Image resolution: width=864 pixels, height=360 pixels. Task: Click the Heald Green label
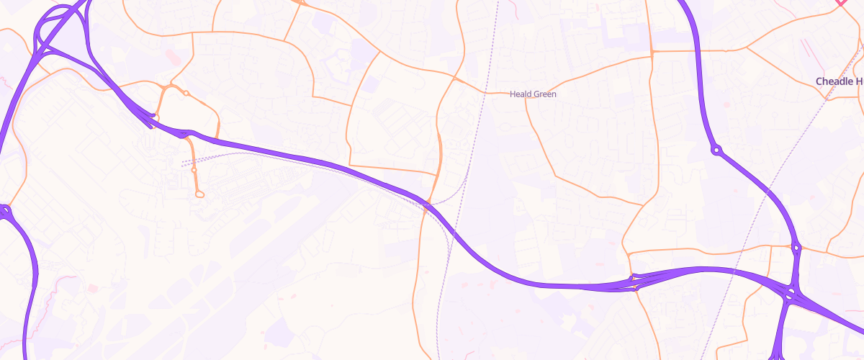(x=533, y=94)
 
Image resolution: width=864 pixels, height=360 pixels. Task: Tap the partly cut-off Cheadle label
(x=840, y=82)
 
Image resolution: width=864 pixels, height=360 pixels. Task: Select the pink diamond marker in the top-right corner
(x=840, y=2)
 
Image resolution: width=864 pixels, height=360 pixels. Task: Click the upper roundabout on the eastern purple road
(x=716, y=150)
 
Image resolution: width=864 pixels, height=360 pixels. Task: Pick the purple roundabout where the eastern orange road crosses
(x=796, y=248)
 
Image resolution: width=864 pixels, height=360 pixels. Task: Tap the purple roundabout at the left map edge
(x=6, y=211)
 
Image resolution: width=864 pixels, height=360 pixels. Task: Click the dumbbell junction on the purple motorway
(x=634, y=282)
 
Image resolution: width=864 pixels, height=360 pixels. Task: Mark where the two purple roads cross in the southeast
(x=791, y=293)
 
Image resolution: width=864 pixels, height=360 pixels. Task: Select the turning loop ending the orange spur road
(x=199, y=194)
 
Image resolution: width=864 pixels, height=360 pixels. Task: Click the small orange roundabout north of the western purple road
(x=186, y=93)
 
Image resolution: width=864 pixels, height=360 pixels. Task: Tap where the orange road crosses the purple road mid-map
(x=428, y=205)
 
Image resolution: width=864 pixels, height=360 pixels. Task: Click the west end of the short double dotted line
(x=184, y=163)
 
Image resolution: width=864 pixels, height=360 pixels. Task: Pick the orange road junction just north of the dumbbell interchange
(x=629, y=253)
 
